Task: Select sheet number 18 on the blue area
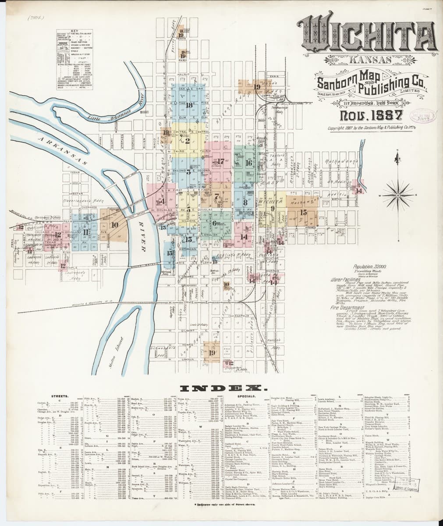189,105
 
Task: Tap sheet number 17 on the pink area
220,161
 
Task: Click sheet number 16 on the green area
248,163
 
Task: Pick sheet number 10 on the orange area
115,225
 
